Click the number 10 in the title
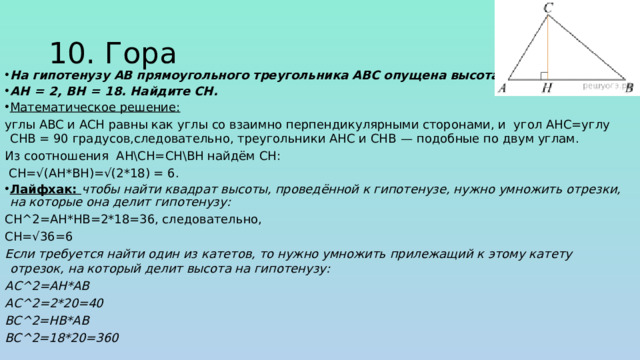tap(71, 53)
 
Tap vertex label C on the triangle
tap(548, 9)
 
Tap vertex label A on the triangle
tap(501, 88)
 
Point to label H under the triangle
tap(547, 89)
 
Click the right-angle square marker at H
tap(543, 75)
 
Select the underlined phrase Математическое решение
tap(95, 107)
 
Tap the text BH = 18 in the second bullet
tap(86, 90)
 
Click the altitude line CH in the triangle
tap(549, 50)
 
